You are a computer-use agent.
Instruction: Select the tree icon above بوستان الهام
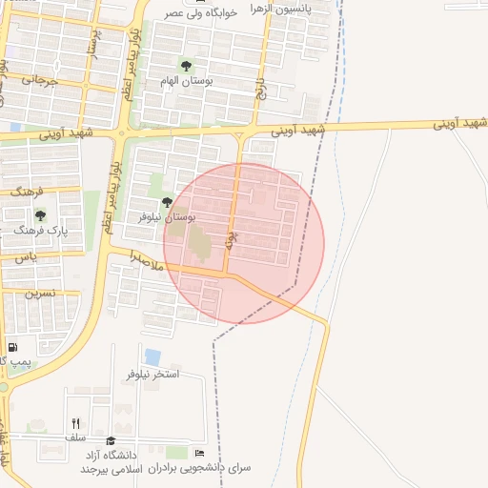[187, 66]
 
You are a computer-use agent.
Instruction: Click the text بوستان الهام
[210, 82]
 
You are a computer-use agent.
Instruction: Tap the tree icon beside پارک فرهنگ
[40, 214]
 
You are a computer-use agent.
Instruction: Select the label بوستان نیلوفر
[193, 217]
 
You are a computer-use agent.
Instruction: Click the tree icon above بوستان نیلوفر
[168, 202]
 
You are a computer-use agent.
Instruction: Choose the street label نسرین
[40, 293]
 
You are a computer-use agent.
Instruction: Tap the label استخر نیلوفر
[152, 375]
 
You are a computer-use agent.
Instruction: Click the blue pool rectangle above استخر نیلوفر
[152, 356]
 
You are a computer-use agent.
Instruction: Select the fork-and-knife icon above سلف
[74, 422]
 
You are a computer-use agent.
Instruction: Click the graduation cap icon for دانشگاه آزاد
[111, 440]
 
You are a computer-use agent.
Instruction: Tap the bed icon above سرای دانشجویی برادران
[198, 453]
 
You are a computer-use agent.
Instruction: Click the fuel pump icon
[12, 347]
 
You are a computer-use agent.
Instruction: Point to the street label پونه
[230, 239]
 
